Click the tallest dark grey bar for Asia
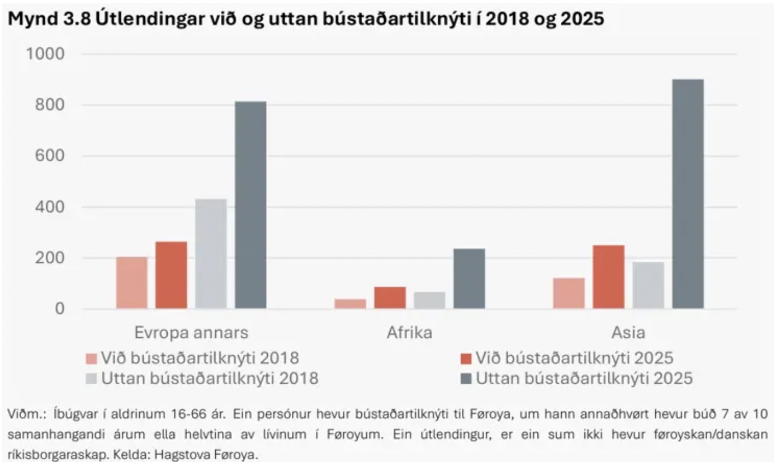pos(688,194)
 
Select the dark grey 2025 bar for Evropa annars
pos(250,205)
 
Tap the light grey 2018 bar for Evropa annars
pos(211,254)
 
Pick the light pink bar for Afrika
pos(351,304)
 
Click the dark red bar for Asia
pos(608,277)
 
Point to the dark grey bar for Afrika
pos(469,279)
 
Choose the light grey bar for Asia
pos(648,285)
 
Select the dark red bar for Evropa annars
pos(171,275)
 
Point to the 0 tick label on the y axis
pos(59,309)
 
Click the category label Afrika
pos(409,333)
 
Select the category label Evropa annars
pos(191,333)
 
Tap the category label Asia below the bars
pos(628,333)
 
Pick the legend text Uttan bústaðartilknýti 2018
pos(210,379)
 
